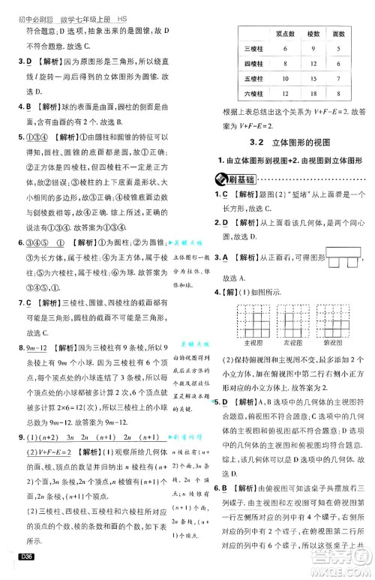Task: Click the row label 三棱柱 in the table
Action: click(x=250, y=50)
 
